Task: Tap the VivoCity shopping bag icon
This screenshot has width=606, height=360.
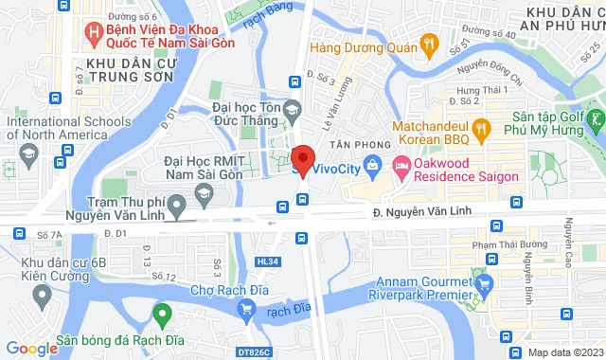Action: pos(372,169)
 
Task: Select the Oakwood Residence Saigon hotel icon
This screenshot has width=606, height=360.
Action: pos(401,169)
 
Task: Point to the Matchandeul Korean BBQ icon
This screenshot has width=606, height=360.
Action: pos(482,129)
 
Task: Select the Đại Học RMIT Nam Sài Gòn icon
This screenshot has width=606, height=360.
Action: pos(203,193)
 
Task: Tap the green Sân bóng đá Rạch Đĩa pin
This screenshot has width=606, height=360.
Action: pos(162,312)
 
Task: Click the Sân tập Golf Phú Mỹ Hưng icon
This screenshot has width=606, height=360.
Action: pos(596,122)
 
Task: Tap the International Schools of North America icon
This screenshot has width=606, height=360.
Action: pos(28,154)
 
